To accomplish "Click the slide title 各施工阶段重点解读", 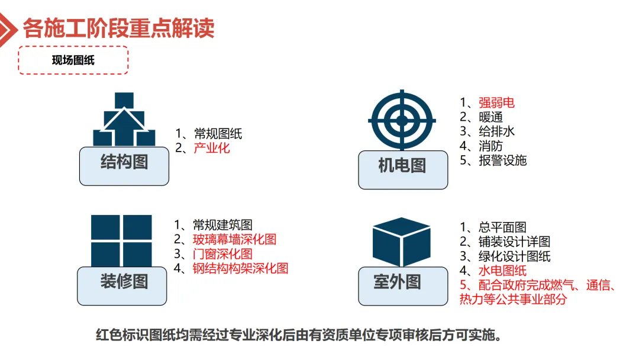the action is pos(118,28).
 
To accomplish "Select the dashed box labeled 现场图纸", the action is pos(73,60).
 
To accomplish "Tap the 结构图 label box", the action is pos(124,165).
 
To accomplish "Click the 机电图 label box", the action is pos(402,169).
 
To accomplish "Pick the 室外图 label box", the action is pos(402,285).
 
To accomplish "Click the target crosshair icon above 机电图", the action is pos(402,120).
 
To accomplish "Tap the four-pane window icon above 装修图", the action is pos(121,240).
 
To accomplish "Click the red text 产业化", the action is pos(212,148).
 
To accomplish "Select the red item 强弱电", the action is pos(497,102).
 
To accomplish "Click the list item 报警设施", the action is pos(503,160).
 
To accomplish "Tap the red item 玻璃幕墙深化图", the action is pos(234,239).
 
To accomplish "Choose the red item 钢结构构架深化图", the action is pos(240,268).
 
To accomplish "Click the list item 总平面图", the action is pos(503,227).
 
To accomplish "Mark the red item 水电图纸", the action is pos(503,271).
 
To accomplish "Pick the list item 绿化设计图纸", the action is pos(515,256).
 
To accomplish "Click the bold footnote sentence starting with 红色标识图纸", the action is pos(299,336).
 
